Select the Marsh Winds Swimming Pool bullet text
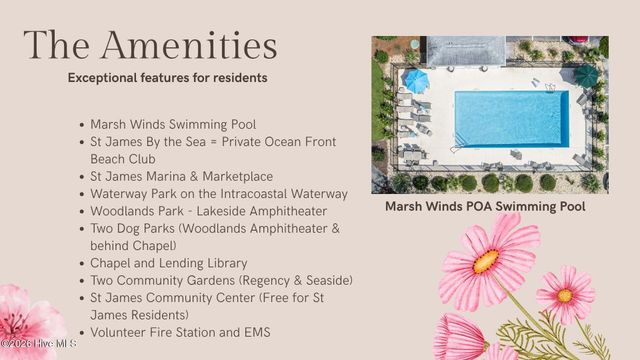tap(173, 125)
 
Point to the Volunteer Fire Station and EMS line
tap(180, 332)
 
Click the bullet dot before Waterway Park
tap(81, 194)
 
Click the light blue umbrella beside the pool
tap(415, 79)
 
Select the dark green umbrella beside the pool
tap(586, 75)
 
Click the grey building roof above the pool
tap(466, 49)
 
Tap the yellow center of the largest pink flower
tap(486, 260)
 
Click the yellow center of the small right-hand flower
tap(565, 295)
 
